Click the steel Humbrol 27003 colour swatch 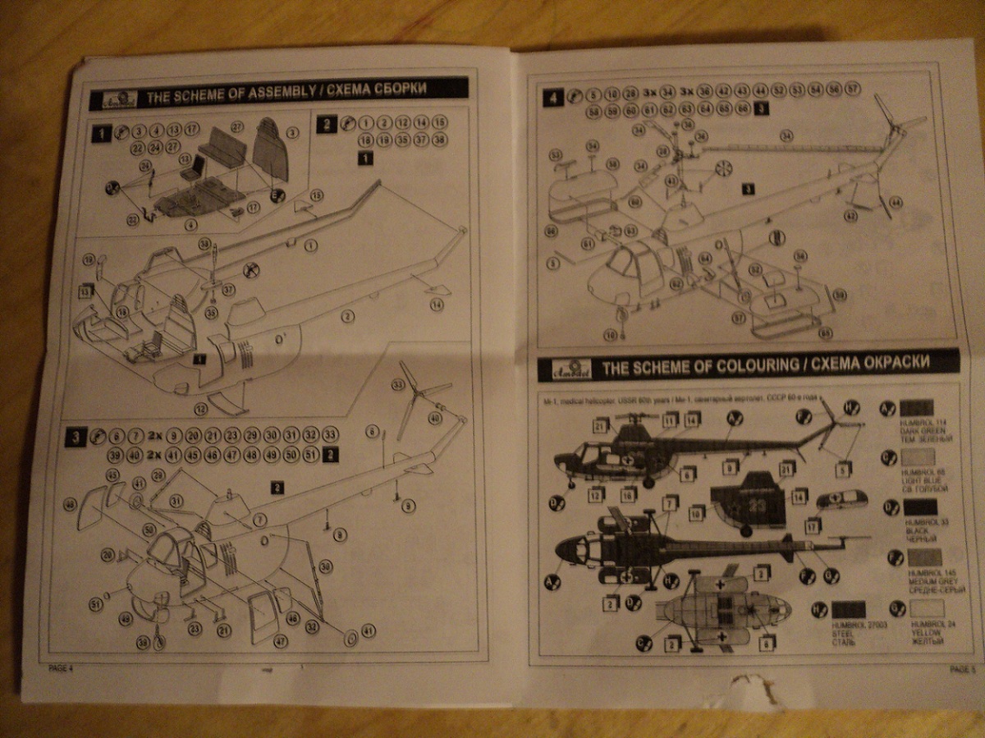849,609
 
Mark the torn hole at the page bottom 749,690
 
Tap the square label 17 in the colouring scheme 813,525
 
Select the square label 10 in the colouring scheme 696,513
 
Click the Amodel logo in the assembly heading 113,97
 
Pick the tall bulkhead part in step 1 270,154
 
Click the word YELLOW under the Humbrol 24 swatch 919,632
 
